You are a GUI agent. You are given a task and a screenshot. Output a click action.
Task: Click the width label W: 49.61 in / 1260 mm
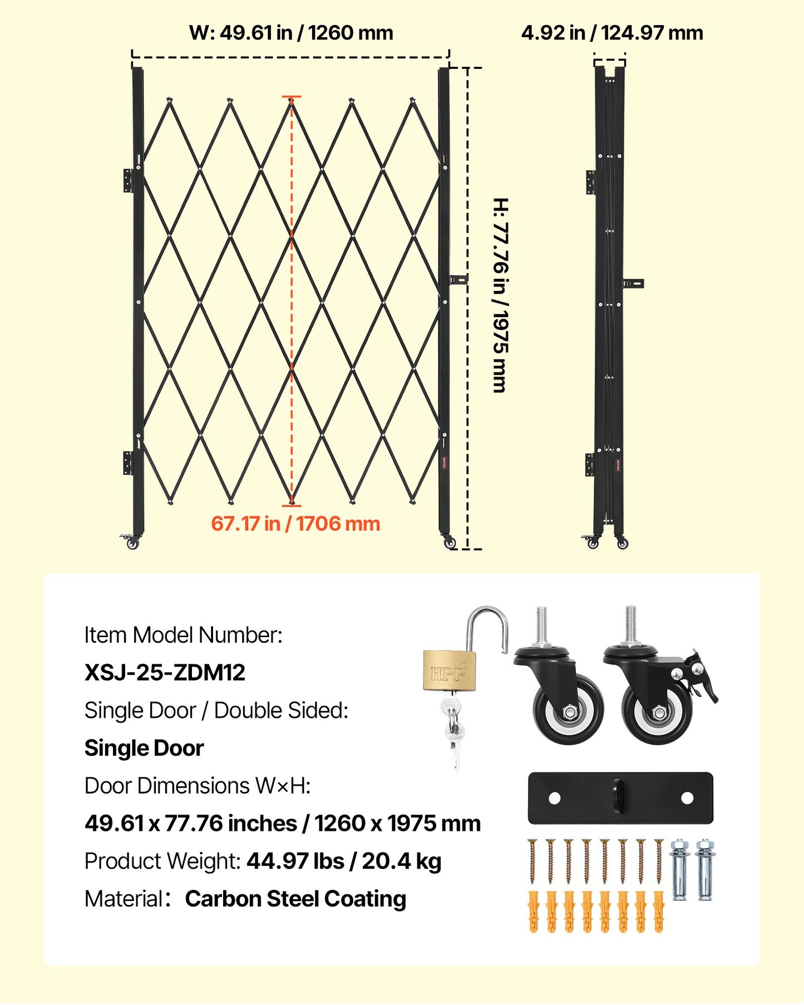pos(291,33)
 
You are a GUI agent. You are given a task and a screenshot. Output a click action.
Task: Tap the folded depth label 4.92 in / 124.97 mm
pos(612,33)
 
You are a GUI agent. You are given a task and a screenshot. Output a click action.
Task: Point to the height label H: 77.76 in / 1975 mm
pos(500,295)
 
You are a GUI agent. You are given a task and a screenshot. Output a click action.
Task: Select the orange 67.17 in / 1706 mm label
pos(295,524)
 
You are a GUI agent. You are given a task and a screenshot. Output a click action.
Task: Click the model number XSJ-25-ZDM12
pos(165,673)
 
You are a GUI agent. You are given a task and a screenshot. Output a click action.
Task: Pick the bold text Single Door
pos(144,748)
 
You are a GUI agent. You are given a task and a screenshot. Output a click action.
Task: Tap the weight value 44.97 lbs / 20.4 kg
pos(344,861)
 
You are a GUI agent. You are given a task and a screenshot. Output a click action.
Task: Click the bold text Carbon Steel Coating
pos(295,899)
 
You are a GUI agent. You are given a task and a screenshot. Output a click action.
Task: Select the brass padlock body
pos(450,671)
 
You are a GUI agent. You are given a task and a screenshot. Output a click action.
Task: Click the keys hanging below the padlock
pos(453,729)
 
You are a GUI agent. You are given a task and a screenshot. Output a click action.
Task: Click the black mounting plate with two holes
pos(620,798)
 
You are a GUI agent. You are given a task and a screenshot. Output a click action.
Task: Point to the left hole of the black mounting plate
pos(554,798)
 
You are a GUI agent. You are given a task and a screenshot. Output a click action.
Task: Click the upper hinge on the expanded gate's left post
pos(129,180)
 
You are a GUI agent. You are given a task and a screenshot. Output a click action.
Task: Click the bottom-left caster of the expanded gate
pos(131,541)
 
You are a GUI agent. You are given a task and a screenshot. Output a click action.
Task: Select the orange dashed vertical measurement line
pos(291,300)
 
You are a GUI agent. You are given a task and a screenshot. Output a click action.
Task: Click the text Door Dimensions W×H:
pos(198,786)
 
